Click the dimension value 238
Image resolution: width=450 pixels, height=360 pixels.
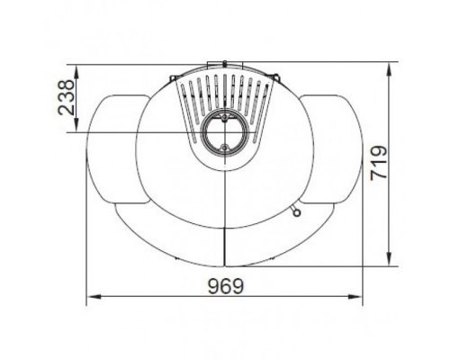[x=66, y=97]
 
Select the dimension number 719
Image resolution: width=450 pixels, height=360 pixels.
[x=379, y=163]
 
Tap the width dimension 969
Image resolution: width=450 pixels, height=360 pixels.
[x=226, y=286]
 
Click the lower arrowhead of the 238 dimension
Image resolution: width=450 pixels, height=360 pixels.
[x=76, y=125]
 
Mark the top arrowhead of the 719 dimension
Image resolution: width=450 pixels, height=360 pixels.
[x=390, y=69]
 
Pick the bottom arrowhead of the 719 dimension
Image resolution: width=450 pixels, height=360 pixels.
[x=390, y=259]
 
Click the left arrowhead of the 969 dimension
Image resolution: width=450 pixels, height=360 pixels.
[x=94, y=297]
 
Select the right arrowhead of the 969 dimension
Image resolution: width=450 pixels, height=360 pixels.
[x=355, y=297]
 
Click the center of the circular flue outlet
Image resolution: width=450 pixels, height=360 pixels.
[x=225, y=132]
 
